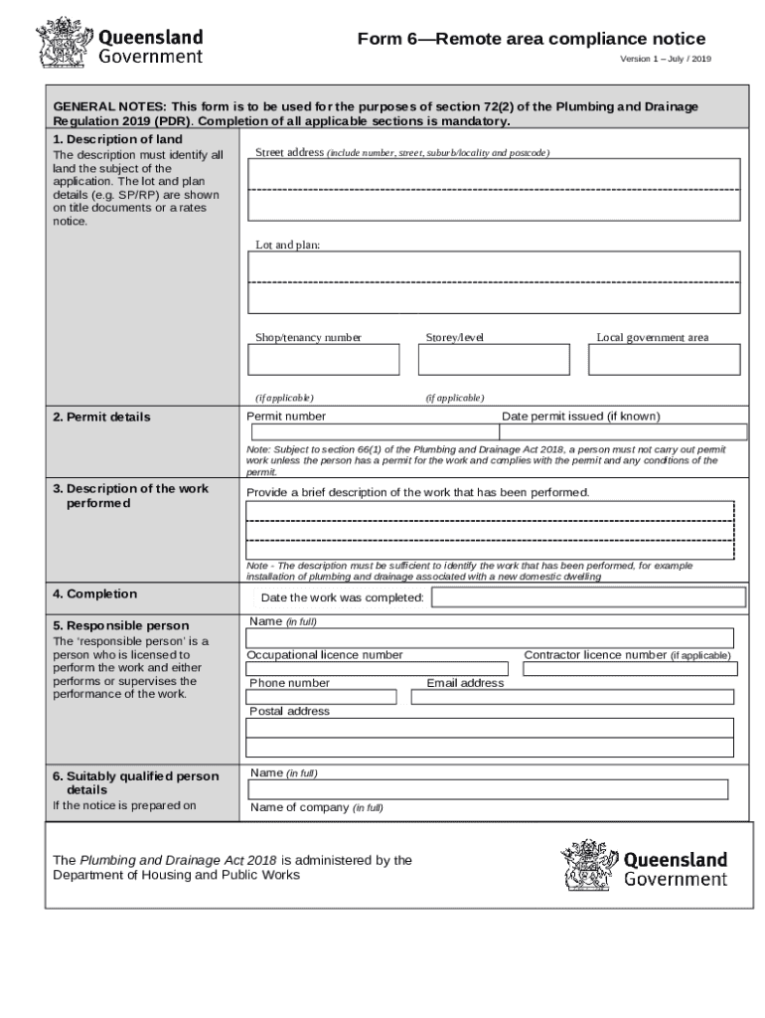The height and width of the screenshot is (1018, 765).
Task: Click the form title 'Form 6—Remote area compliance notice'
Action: click(x=532, y=39)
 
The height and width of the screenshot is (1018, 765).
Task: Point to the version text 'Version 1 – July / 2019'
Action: click(x=666, y=60)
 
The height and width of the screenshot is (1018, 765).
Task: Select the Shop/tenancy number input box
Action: click(x=324, y=360)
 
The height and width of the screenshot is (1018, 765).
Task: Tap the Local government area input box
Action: click(x=664, y=360)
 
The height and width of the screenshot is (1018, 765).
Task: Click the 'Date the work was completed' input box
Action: click(x=588, y=597)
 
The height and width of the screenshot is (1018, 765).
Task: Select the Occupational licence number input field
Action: click(x=381, y=669)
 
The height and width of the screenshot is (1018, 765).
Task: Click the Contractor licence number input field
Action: click(x=630, y=669)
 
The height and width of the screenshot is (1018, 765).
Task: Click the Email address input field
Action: click(x=572, y=697)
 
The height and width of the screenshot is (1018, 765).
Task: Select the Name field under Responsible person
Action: click(x=490, y=638)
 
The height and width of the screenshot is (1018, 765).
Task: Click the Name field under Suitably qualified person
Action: click(x=487, y=789)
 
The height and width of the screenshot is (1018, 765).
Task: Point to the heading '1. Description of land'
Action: click(x=117, y=139)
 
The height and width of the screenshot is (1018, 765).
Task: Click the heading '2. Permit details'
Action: click(x=101, y=417)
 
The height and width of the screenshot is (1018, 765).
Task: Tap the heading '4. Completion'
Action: click(x=94, y=594)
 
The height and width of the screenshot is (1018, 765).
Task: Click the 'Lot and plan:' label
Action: click(x=288, y=245)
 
